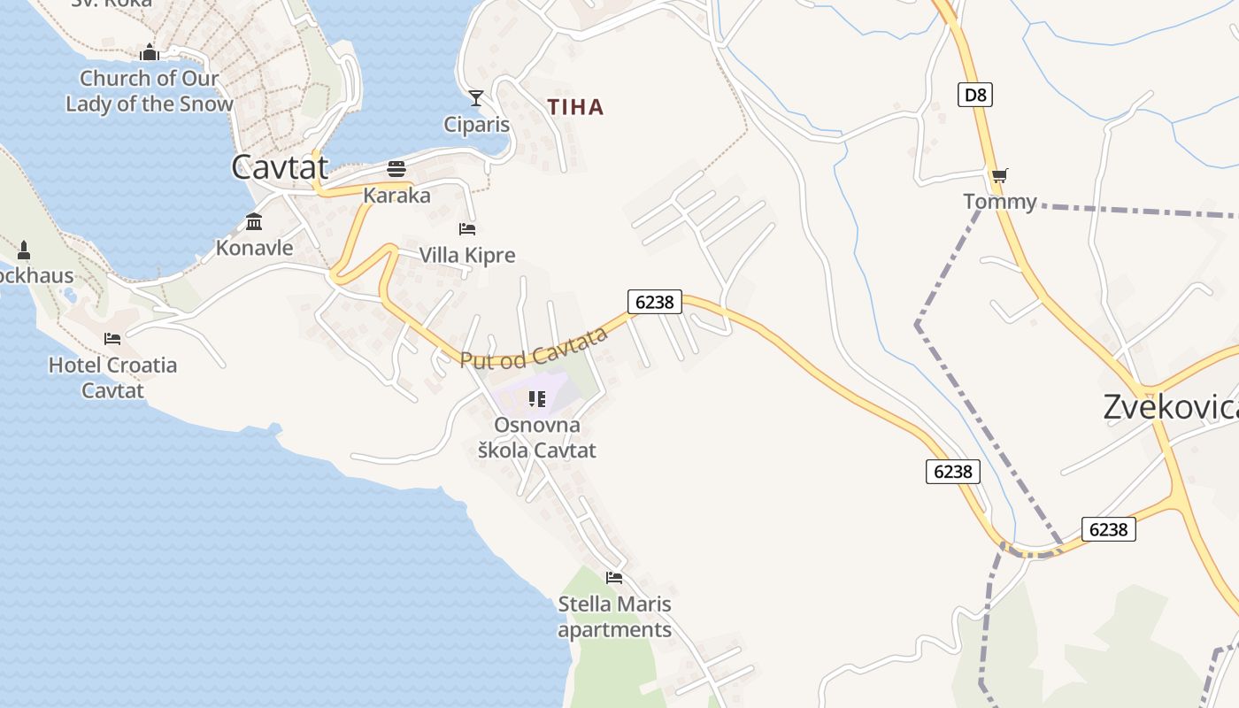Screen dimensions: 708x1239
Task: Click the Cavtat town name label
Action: click(x=280, y=167)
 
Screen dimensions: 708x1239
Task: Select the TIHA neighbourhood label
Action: click(x=575, y=107)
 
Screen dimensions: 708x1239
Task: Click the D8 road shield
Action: click(x=974, y=94)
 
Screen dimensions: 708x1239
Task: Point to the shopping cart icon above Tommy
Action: click(x=1000, y=175)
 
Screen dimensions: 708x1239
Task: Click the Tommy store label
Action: click(x=1000, y=202)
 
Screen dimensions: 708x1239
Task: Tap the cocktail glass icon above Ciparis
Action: click(x=476, y=97)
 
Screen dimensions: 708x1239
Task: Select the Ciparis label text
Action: click(x=477, y=125)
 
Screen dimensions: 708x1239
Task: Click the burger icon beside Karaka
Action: click(x=396, y=168)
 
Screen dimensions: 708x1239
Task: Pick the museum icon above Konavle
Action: click(x=254, y=221)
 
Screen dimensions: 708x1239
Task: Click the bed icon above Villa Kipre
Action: click(x=467, y=229)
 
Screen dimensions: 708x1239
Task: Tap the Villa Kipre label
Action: click(x=466, y=256)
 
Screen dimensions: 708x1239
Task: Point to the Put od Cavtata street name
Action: click(x=534, y=348)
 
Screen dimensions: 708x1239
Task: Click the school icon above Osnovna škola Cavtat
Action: click(x=536, y=399)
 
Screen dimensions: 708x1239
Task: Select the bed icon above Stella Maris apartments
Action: click(x=614, y=578)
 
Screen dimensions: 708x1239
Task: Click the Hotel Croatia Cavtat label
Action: click(x=112, y=377)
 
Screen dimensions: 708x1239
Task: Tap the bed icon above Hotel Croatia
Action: click(x=112, y=338)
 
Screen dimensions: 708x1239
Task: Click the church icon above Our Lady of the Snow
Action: click(x=149, y=53)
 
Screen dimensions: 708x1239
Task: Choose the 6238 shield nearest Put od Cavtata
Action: click(x=655, y=302)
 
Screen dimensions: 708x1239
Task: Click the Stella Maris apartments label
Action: click(x=614, y=617)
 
